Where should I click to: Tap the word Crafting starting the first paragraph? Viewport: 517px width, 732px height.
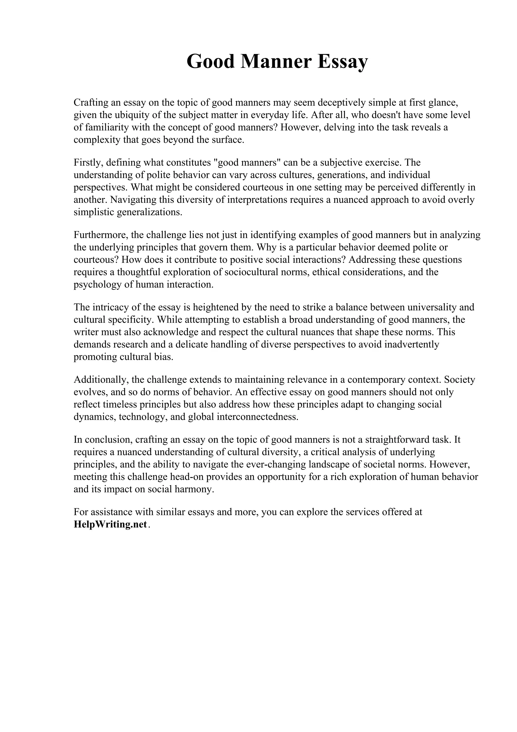pos(90,103)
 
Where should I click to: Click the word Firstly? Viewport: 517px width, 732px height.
pos(88,163)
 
